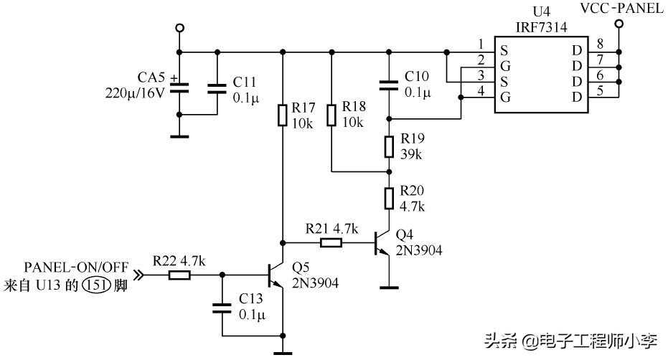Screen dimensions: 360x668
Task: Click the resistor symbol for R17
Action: pyautogui.click(x=283, y=114)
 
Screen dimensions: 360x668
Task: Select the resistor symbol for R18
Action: pyautogui.click(x=331, y=115)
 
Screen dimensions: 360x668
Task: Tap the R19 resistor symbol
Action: pyautogui.click(x=389, y=146)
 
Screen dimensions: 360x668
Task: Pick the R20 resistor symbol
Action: pyautogui.click(x=389, y=198)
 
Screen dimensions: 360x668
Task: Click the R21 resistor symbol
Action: pyautogui.click(x=330, y=242)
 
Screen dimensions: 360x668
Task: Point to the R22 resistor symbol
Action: pyautogui.click(x=179, y=274)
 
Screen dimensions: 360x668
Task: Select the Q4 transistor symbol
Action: pyautogui.click(x=382, y=243)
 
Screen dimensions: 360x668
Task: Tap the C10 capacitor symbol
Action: pyautogui.click(x=389, y=84)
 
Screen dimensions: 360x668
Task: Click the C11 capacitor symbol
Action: pyautogui.click(x=217, y=87)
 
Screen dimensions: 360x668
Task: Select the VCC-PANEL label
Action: pyautogui.click(x=621, y=8)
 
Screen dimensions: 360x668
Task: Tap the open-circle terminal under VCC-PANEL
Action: pyautogui.click(x=618, y=24)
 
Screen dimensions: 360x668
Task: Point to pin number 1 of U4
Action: pyautogui.click(x=481, y=44)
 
